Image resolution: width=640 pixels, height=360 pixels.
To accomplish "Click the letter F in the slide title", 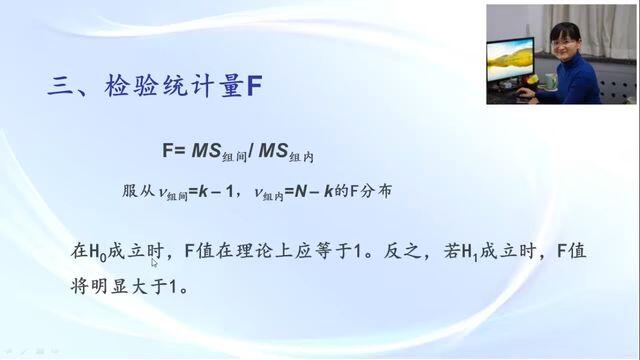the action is tap(254, 86).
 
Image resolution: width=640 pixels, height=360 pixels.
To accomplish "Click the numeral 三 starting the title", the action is tap(61, 86).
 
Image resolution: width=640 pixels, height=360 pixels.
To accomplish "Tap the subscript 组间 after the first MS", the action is tap(235, 157).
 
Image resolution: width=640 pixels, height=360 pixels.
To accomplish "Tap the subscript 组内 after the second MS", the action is tap(302, 157).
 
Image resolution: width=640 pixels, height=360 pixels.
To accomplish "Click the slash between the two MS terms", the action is tap(251, 151).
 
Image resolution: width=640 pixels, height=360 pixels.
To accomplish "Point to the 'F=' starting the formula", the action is tap(174, 150).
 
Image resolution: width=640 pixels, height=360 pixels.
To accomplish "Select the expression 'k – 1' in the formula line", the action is tap(215, 191).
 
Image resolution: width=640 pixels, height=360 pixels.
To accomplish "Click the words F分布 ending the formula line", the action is tap(370, 191).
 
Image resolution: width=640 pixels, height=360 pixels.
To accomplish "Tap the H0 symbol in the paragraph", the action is tap(98, 252).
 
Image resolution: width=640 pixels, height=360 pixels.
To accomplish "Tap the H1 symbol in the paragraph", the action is tap(470, 252).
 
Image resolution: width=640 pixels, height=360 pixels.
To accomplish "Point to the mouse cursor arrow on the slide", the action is tap(154, 262).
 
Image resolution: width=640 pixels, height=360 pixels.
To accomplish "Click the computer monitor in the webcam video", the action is tap(510, 61).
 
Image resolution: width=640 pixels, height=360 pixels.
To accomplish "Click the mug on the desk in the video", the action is tap(551, 81).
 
